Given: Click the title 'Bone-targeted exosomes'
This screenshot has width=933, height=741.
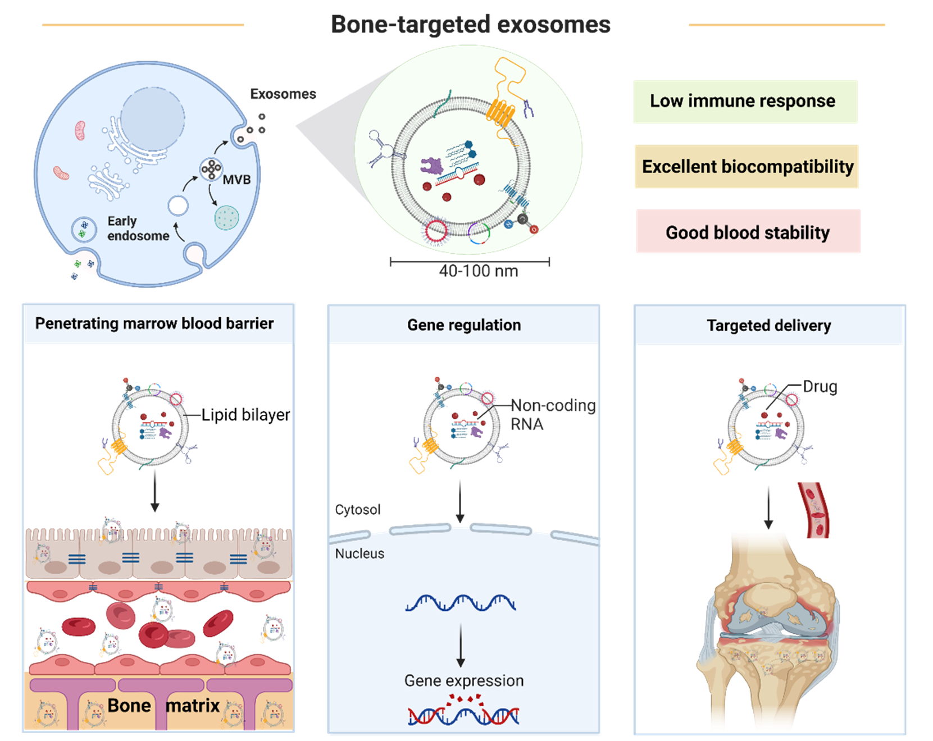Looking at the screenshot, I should pyautogui.click(x=470, y=25).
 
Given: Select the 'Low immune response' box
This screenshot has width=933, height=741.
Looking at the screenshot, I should pyautogui.click(x=745, y=102).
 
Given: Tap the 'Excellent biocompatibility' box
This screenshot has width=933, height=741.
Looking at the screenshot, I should pyautogui.click(x=747, y=167).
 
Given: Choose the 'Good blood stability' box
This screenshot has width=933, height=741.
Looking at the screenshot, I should pyautogui.click(x=748, y=232).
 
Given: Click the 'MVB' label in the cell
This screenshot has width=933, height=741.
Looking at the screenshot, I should pyautogui.click(x=236, y=180).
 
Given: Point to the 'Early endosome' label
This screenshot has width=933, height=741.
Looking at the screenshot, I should pyautogui.click(x=138, y=228).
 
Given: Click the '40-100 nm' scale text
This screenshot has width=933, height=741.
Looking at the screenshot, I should pyautogui.click(x=478, y=271).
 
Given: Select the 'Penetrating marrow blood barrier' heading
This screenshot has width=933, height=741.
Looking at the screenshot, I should pyautogui.click(x=154, y=324).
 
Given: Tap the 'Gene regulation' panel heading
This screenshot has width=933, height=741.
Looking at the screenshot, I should pyautogui.click(x=464, y=325).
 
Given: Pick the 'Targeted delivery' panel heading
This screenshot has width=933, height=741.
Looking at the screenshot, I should pyautogui.click(x=768, y=326).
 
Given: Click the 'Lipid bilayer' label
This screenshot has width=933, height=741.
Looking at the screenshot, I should pyautogui.click(x=245, y=415).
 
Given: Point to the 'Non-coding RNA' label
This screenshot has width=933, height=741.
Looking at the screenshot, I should pyautogui.click(x=552, y=414).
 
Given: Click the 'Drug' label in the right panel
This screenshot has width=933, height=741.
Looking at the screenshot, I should pyautogui.click(x=820, y=387).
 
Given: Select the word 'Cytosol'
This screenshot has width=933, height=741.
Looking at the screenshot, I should pyautogui.click(x=357, y=510).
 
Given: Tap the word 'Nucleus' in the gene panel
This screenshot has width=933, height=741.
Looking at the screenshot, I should pyautogui.click(x=359, y=554).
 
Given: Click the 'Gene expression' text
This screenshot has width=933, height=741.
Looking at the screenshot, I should pyautogui.click(x=464, y=681).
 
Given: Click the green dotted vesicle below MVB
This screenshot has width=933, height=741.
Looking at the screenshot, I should pyautogui.click(x=227, y=218).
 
